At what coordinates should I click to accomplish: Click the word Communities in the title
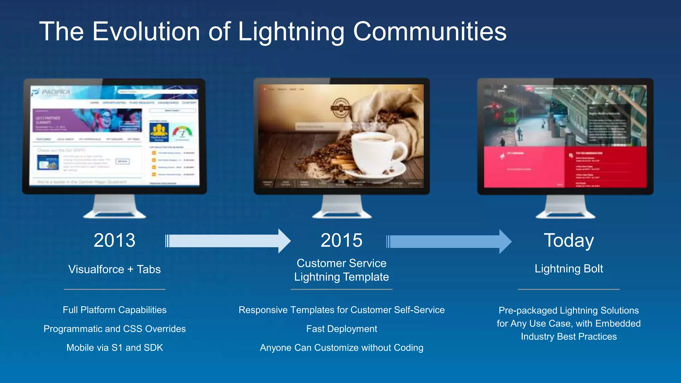pyautogui.click(x=430, y=32)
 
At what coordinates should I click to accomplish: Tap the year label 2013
pyautogui.click(x=114, y=240)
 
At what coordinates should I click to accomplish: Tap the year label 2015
pyautogui.click(x=341, y=240)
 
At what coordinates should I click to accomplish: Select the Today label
pyautogui.click(x=569, y=240)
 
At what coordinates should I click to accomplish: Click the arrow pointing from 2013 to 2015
pyautogui.click(x=228, y=241)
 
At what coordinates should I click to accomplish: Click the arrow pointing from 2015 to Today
pyautogui.click(x=449, y=241)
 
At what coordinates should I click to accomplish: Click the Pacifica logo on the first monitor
pyautogui.click(x=52, y=92)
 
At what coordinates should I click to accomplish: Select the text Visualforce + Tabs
pyautogui.click(x=114, y=269)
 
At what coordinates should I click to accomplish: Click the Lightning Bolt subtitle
pyautogui.click(x=569, y=269)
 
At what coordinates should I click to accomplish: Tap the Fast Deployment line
pyautogui.click(x=341, y=329)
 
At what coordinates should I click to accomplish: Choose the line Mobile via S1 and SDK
pyautogui.click(x=114, y=348)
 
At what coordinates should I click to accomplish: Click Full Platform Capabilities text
pyautogui.click(x=114, y=310)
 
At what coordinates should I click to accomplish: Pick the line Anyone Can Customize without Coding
pyautogui.click(x=341, y=348)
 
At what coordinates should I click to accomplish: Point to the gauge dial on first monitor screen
pyautogui.click(x=182, y=131)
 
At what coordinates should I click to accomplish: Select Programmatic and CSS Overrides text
pyautogui.click(x=114, y=329)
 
